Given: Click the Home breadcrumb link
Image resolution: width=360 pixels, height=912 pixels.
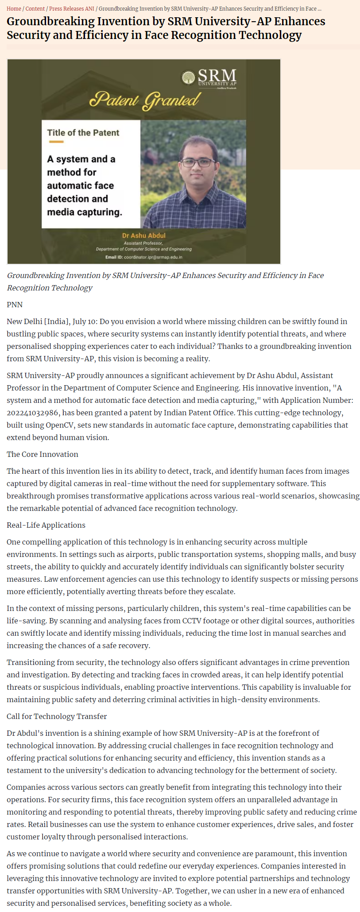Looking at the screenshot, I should point(14,8).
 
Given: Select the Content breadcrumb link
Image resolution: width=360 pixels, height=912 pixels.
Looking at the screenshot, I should point(35,8).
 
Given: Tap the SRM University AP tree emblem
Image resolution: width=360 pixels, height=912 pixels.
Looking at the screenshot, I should point(189,77).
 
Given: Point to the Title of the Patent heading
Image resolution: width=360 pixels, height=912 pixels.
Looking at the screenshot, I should point(83,133).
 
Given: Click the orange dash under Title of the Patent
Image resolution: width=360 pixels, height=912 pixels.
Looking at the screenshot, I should point(56,142).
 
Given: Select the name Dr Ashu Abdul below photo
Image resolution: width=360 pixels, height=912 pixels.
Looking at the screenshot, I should point(144,236).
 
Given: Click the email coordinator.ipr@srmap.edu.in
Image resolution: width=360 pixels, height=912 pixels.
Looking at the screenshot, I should point(153,257).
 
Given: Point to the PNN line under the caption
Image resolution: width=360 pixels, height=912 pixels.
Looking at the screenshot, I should point(15,305).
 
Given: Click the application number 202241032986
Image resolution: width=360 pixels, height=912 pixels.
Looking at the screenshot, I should point(33,413).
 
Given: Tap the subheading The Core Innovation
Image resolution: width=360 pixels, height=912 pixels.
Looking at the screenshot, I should point(43,454).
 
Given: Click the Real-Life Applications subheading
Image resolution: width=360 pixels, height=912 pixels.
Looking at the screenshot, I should point(46,525).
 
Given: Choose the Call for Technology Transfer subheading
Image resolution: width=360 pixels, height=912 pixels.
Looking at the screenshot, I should point(57,716).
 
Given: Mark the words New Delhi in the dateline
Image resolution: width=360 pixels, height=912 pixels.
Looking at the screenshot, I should point(25,321).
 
